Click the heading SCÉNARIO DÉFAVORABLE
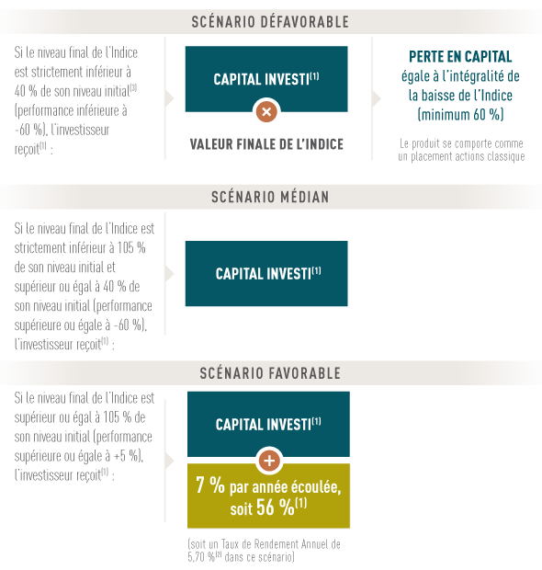(x=270, y=22)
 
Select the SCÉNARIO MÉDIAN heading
(x=270, y=197)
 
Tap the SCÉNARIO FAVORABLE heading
(x=270, y=373)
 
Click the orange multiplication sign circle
(x=266, y=111)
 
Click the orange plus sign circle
(x=269, y=461)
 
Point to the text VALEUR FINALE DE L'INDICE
(x=266, y=144)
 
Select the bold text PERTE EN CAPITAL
(x=460, y=57)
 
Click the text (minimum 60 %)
(x=460, y=115)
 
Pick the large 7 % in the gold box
(x=210, y=484)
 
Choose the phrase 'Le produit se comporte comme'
(x=461, y=143)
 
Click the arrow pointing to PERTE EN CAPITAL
(x=377, y=98)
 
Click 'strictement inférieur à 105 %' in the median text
(x=80, y=248)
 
